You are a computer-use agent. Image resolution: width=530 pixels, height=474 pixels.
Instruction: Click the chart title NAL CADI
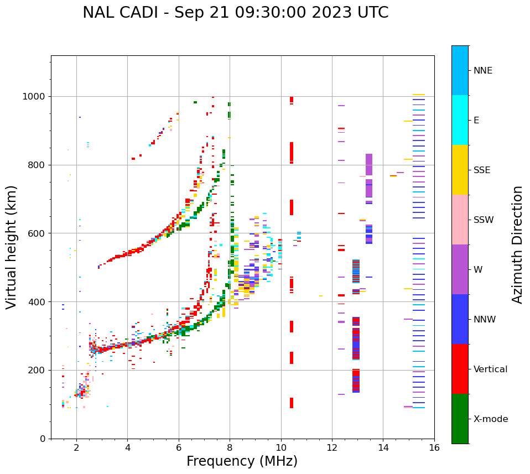tap(235, 13)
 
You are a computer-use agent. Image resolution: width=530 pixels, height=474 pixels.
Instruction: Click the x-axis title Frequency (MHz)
tap(242, 461)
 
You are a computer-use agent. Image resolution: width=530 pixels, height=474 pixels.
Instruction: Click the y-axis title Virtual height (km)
tap(12, 247)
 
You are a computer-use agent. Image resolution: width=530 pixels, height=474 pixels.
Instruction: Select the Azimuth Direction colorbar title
tap(517, 244)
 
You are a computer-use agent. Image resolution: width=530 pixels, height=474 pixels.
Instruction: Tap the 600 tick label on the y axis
tap(38, 233)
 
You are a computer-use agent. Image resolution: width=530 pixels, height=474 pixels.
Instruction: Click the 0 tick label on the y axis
tap(42, 439)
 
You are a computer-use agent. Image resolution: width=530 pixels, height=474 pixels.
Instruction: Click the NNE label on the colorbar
tap(482, 71)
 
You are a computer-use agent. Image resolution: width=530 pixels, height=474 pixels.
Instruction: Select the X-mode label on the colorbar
tap(490, 419)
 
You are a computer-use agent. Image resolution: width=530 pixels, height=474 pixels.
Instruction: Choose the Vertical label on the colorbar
tap(490, 369)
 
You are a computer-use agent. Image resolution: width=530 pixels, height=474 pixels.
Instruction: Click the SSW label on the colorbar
tap(484, 220)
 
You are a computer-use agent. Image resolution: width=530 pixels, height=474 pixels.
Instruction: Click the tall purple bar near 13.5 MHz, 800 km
tap(369, 165)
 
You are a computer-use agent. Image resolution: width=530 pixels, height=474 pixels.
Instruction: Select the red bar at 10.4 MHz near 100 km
tap(292, 403)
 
